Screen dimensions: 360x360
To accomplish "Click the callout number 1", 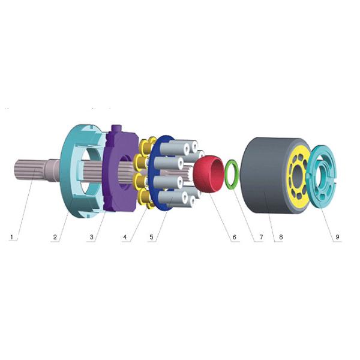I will coord(11,237).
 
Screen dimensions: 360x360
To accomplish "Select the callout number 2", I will coord(55,237).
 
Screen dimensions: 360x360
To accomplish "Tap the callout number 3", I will coord(91,237).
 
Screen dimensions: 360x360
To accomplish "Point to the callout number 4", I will coord(125,237).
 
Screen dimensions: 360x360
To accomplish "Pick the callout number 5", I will coord(152,237).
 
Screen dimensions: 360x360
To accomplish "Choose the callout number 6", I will coord(233,237).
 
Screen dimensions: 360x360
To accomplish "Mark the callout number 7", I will coord(260,237).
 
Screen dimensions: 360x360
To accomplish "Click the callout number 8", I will coord(281,237).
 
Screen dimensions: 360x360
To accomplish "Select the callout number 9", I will coord(337,237).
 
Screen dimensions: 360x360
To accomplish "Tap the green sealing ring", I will coord(232,175).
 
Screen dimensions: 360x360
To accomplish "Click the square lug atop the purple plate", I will coord(118,131).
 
